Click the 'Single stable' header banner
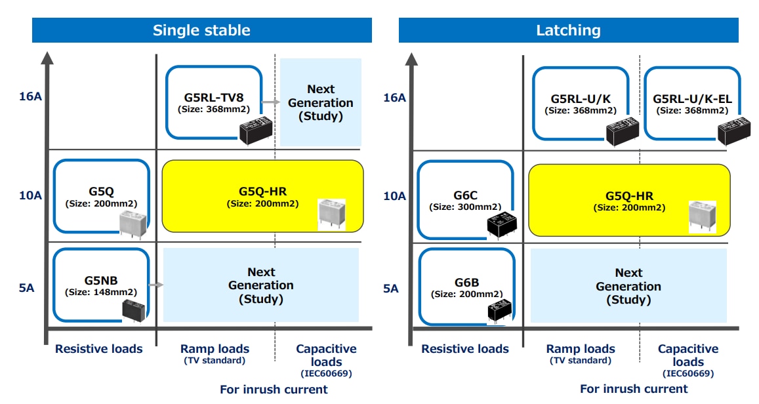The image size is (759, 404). pos(201,30)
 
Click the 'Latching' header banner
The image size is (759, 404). pos(568,30)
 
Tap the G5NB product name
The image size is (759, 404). pos(101,281)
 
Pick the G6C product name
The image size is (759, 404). pos(465,195)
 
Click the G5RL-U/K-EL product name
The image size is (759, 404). pos(692,99)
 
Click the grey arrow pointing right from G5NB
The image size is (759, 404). pos(155,285)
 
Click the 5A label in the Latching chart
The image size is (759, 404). pos(390,289)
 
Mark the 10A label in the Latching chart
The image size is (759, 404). pos(394,195)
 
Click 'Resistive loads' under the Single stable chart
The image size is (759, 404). pos(98,349)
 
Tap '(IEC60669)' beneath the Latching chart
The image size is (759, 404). pos(688,374)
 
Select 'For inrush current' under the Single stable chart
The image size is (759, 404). pos(274,390)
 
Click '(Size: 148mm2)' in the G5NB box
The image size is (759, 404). pos(101,293)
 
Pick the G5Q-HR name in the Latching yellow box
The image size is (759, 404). pos(628,196)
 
